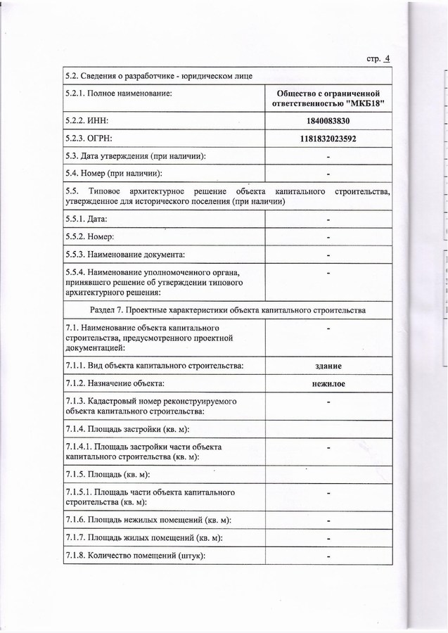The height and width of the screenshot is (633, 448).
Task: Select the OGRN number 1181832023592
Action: point(328,139)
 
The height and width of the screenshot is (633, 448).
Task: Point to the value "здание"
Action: point(328,366)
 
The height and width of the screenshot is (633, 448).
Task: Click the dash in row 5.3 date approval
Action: point(328,156)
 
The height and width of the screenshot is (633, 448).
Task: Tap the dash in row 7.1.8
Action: point(328,558)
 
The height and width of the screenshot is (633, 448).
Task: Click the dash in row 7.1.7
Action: point(328,539)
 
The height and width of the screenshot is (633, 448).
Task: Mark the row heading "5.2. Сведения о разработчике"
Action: point(153,75)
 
